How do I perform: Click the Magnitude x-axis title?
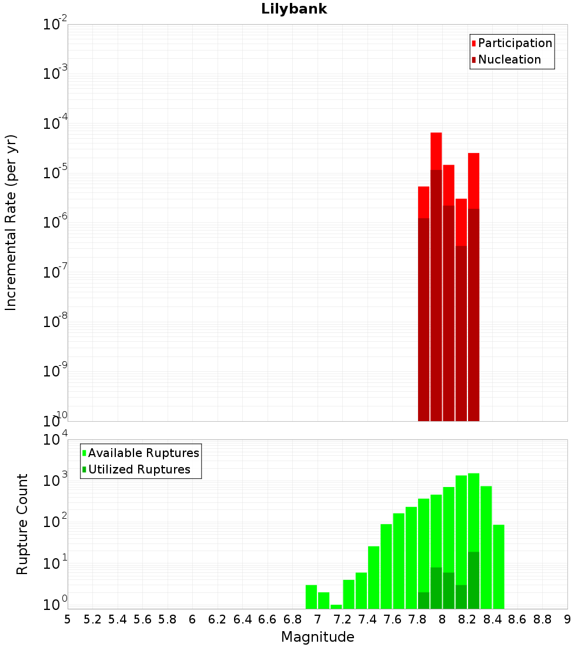318,637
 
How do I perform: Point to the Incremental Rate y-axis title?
11,222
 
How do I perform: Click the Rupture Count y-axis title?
22,524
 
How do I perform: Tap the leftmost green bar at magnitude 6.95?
311,596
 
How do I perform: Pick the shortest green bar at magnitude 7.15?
336,606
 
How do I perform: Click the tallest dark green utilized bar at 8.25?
473,580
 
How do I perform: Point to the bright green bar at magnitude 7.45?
373,577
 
